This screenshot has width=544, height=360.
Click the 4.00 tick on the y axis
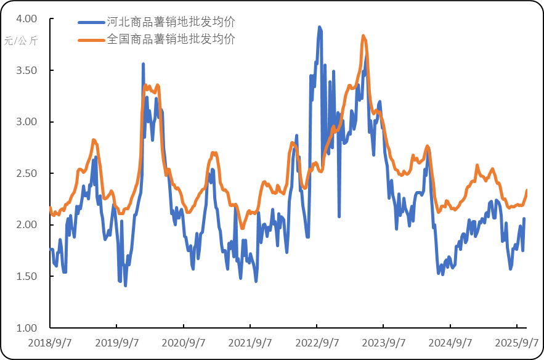tap(26, 19)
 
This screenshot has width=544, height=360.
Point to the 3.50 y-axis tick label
tap(26, 71)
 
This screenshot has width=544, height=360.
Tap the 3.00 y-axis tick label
tap(26, 122)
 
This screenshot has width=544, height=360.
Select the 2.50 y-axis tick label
tap(26, 174)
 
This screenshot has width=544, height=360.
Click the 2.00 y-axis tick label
tap(26, 225)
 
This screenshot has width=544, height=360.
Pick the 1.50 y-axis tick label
tap(26, 277)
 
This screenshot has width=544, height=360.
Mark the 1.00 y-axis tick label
tap(26, 328)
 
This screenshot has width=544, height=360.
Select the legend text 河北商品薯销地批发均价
tap(171, 22)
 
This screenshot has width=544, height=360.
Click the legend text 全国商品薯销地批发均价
tap(171, 39)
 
